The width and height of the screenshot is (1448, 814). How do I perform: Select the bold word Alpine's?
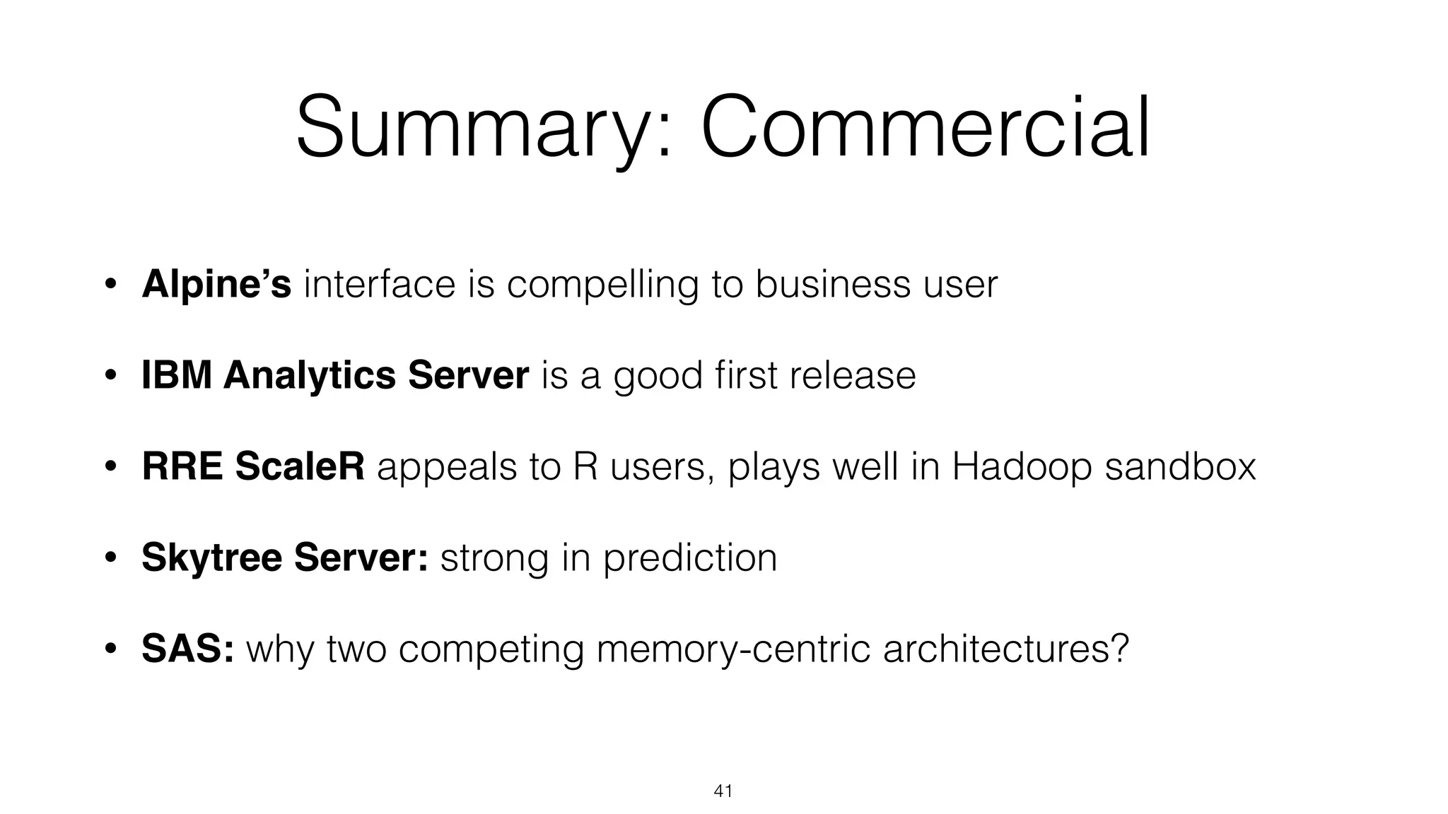pyautogui.click(x=216, y=284)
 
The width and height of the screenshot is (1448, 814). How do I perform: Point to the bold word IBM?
pyautogui.click(x=176, y=375)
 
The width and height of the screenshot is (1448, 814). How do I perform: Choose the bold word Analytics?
pyautogui.click(x=309, y=376)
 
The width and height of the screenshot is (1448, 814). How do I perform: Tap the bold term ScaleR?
pyautogui.click(x=300, y=466)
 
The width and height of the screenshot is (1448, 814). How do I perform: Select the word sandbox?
pyautogui.click(x=1180, y=467)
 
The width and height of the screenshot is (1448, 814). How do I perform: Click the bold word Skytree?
pyautogui.click(x=211, y=558)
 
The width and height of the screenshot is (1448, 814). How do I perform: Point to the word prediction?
pyautogui.click(x=689, y=558)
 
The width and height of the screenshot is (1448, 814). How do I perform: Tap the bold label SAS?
pyautogui.click(x=187, y=649)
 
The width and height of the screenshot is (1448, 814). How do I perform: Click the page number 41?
pyautogui.click(x=723, y=791)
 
